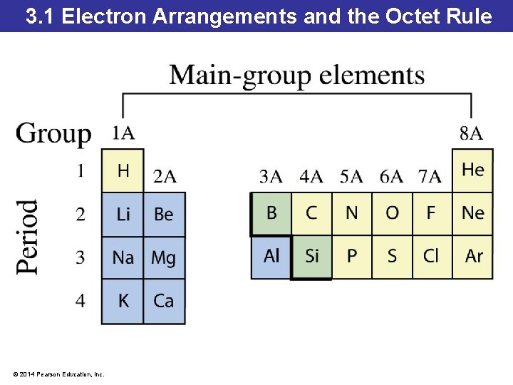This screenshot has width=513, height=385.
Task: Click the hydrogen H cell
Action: [x=123, y=170]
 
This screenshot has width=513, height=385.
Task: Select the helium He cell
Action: [x=472, y=170]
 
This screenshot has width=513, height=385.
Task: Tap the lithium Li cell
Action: [x=123, y=214]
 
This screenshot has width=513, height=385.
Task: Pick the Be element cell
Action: [x=164, y=214]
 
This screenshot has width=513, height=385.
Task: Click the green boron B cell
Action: [x=271, y=213]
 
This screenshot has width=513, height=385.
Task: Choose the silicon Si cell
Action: [x=311, y=256]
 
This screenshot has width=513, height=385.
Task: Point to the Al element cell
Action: [x=271, y=256]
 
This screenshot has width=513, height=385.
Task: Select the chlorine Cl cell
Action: [x=432, y=256]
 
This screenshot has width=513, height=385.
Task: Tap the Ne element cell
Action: [x=472, y=213]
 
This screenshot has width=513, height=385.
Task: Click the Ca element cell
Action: [x=164, y=301]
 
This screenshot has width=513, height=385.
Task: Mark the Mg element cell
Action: [x=164, y=257]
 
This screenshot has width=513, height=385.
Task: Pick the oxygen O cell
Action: [x=392, y=213]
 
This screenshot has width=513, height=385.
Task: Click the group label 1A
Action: [x=123, y=133]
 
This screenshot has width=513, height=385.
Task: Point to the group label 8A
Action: [x=471, y=133]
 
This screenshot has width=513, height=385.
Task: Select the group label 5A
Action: [x=351, y=176]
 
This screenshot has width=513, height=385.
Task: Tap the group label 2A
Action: [x=165, y=176]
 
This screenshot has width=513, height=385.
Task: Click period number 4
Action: [x=81, y=301]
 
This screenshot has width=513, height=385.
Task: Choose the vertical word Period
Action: [x=28, y=236]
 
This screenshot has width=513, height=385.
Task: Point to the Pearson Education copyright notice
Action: [x=58, y=374]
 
